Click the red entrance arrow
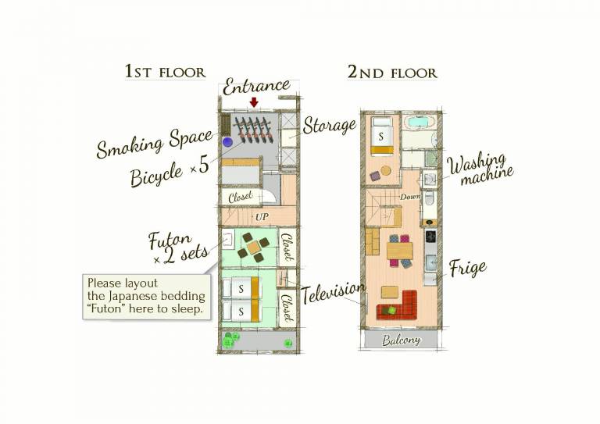(x=254, y=102)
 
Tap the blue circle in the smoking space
(x=227, y=142)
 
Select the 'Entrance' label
(x=256, y=87)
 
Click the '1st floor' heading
(x=166, y=72)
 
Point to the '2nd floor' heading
(x=392, y=73)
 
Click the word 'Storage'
(x=330, y=126)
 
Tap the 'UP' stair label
(x=262, y=217)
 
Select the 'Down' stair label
(x=410, y=197)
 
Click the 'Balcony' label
(x=401, y=340)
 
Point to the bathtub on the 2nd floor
(x=420, y=123)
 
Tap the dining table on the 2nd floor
(x=400, y=251)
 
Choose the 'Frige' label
(x=468, y=269)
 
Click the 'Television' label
(x=333, y=293)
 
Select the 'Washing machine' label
(x=480, y=169)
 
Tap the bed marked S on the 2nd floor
(x=381, y=136)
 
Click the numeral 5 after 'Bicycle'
(x=204, y=166)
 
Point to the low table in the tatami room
(x=253, y=248)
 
